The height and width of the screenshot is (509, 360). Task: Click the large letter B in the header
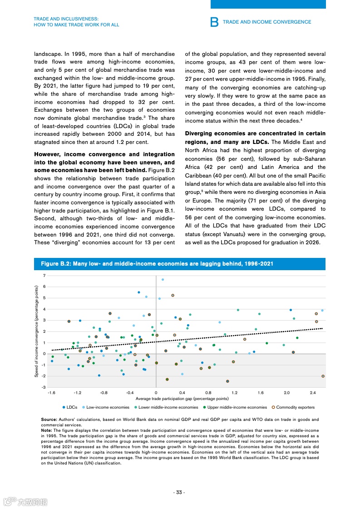(x=215, y=22)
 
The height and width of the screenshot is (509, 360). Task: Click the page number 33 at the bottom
(x=180, y=493)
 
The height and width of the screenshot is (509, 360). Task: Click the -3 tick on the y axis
(x=44, y=387)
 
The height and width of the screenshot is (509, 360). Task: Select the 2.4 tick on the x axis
(x=313, y=392)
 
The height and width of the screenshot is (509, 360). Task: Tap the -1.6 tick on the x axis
(x=51, y=392)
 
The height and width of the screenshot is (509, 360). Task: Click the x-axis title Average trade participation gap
(x=182, y=399)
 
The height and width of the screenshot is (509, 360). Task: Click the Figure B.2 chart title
(x=157, y=264)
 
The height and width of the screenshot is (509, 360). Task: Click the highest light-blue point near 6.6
(x=163, y=280)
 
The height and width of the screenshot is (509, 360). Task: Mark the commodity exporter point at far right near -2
(x=323, y=376)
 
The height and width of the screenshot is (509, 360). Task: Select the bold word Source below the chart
(x=48, y=419)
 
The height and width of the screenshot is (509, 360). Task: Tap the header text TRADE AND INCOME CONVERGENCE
(x=267, y=22)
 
